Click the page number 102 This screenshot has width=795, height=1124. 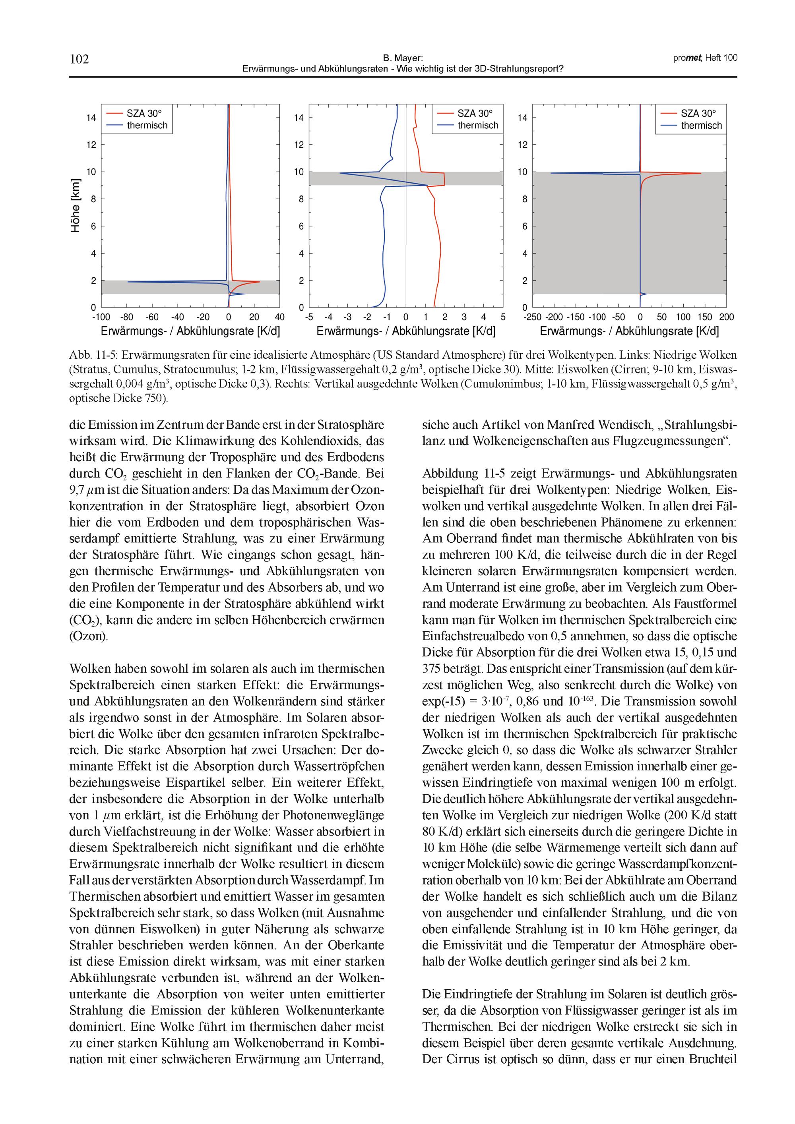79,59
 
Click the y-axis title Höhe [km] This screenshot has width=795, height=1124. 75,206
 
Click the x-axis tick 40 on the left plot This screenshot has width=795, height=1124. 280,317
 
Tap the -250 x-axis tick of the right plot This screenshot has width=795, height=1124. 532,317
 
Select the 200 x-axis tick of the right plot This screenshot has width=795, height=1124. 726,317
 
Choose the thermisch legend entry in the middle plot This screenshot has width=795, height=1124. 477,125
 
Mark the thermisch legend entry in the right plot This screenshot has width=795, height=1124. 701,125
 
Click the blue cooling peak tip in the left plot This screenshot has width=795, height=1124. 128,281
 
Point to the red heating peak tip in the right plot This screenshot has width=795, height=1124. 700,173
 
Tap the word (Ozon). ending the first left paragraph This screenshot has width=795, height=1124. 89,636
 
